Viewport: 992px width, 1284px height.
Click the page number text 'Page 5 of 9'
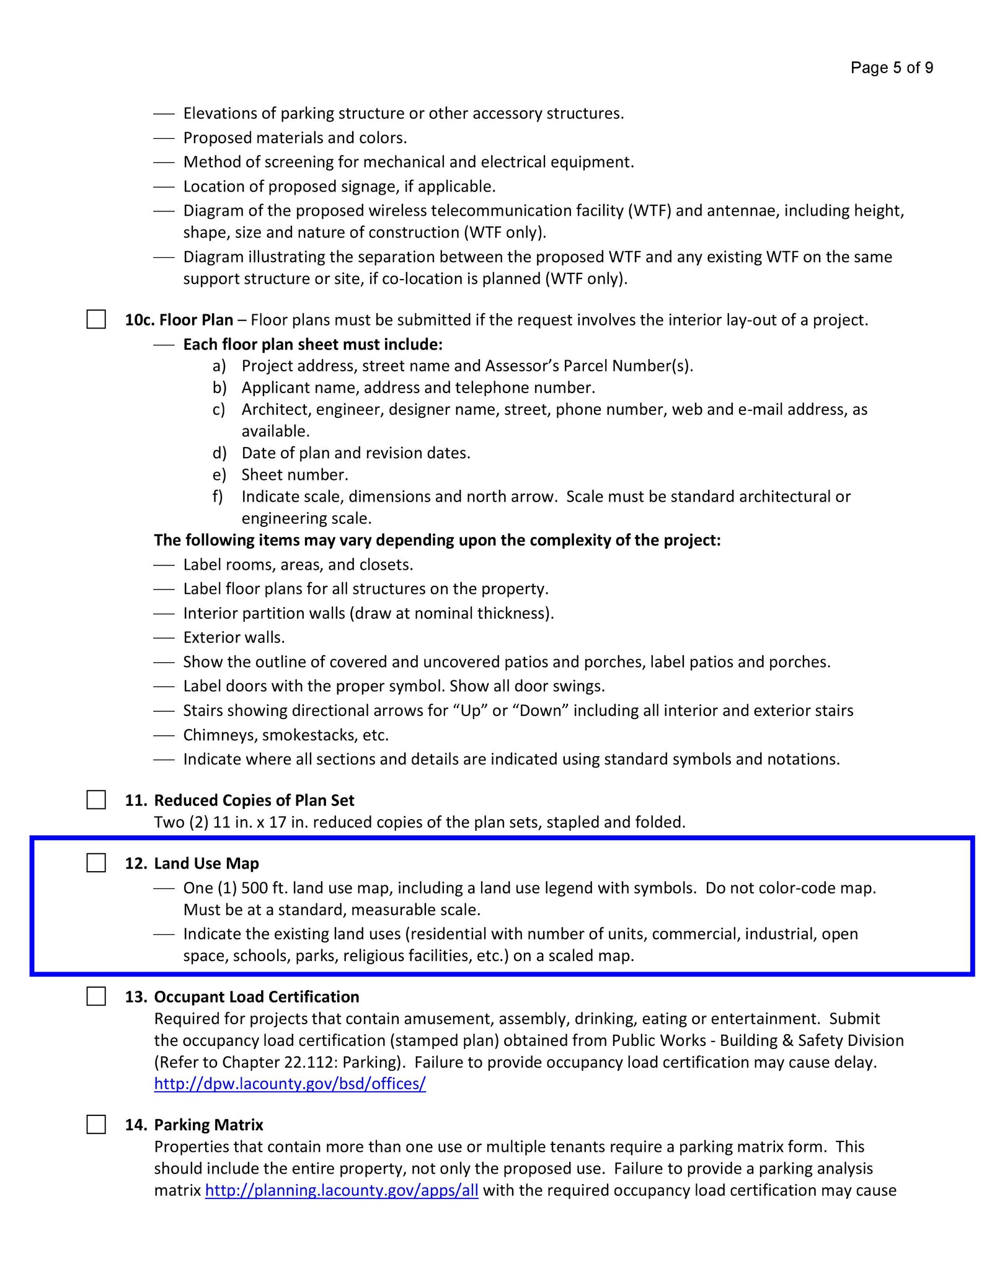point(891,68)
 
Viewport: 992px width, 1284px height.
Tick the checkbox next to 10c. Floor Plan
point(96,319)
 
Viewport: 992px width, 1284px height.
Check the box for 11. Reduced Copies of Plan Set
point(96,800)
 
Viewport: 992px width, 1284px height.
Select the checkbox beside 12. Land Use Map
point(96,862)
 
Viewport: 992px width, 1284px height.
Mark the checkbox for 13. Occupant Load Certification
point(96,996)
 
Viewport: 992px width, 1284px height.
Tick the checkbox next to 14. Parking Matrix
point(96,1124)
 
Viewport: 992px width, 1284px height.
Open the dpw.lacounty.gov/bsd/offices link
point(290,1084)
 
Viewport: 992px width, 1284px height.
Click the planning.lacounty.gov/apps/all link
point(341,1190)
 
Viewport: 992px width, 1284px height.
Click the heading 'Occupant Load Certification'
point(256,996)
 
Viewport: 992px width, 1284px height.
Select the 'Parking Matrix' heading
point(208,1125)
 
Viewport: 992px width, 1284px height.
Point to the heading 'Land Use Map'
point(206,863)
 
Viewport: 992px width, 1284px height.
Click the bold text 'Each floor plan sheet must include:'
point(312,344)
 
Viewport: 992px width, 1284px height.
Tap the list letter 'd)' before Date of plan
point(219,453)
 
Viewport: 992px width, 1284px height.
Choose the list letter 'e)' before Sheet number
point(219,475)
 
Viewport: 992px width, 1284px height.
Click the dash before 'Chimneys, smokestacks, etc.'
point(164,735)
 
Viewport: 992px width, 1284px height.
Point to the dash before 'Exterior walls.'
point(164,638)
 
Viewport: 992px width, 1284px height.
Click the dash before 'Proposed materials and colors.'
point(164,138)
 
